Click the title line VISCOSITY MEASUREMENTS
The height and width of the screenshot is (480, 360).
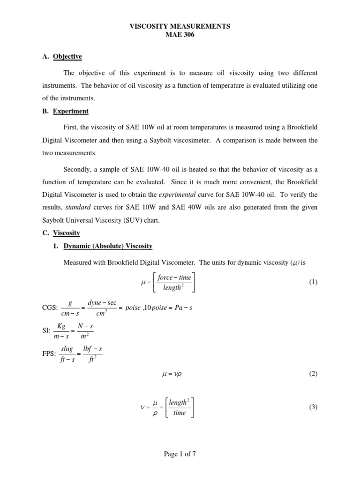pos(180,27)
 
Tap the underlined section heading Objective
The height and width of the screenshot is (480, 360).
pos(67,57)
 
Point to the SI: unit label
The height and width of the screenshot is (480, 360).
pos(46,331)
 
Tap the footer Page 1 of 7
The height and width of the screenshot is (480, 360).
pos(180,454)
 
